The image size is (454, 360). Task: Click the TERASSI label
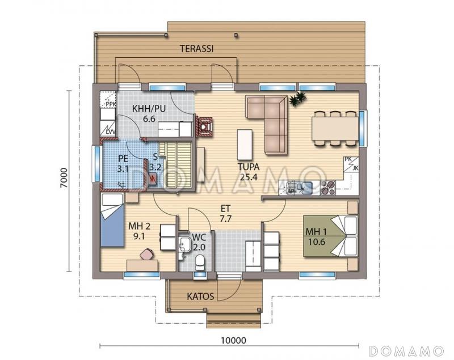196,49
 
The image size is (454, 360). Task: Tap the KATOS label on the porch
200,297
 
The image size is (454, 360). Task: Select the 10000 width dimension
233,340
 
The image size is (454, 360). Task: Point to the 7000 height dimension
64,178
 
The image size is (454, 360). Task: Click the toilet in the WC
200,262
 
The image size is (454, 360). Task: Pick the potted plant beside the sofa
297,99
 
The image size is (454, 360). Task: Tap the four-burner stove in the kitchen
328,188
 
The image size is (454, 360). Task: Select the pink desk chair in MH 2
147,254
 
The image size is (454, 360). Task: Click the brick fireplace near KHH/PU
204,126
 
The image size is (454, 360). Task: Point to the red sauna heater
153,179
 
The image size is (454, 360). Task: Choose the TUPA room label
249,167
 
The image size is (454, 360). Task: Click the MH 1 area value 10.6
316,242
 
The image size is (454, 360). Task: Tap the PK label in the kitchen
348,159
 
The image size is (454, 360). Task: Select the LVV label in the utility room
111,132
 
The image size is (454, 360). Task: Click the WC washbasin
184,244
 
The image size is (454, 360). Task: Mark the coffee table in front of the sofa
245,145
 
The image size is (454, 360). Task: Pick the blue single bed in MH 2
112,220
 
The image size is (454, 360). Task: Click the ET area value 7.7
225,219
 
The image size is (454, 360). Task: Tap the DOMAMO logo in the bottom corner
406,351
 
